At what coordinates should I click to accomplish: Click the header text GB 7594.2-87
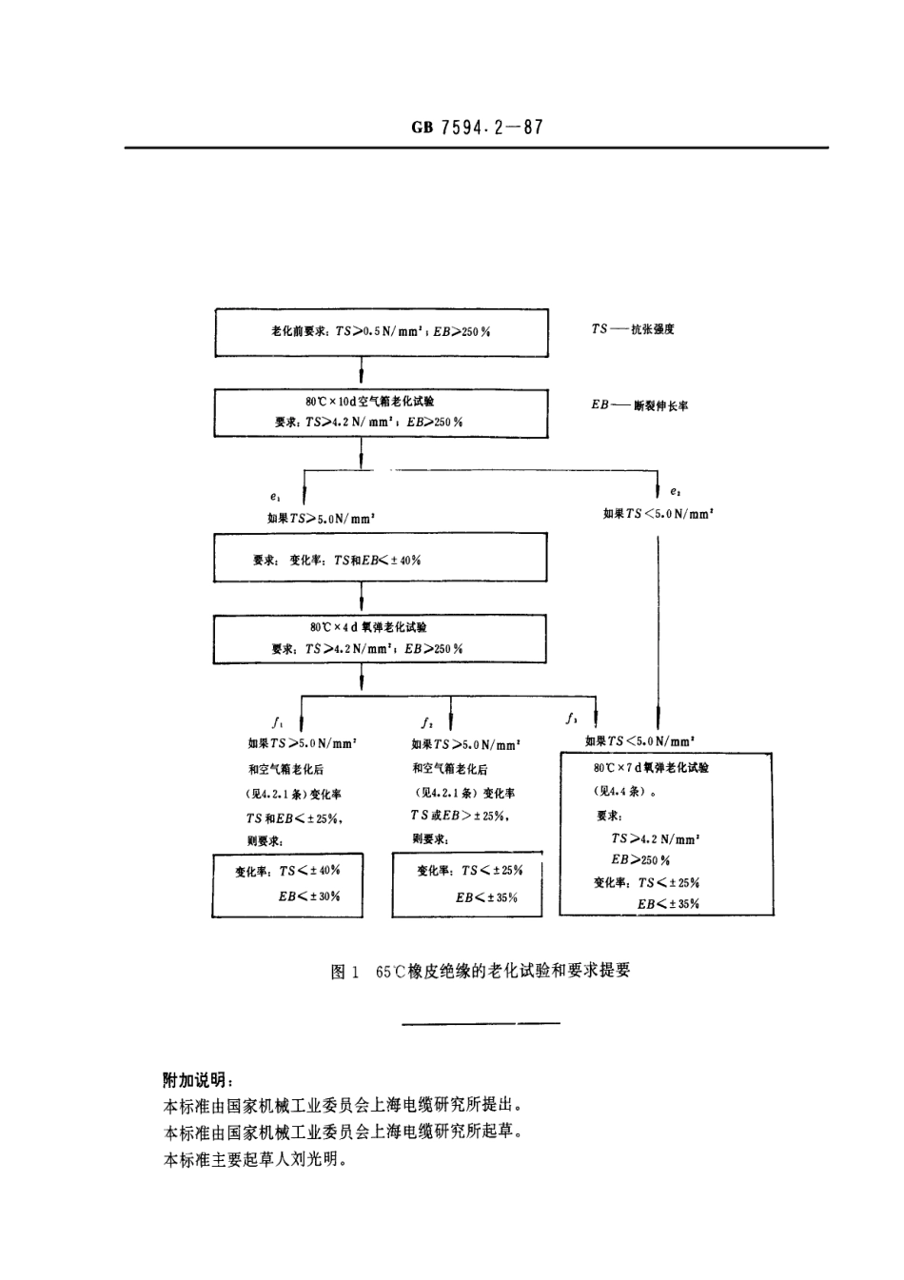[477, 128]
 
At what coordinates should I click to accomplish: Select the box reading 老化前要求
[382, 332]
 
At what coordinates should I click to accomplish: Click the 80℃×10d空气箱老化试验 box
[382, 413]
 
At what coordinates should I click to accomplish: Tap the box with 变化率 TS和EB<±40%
[380, 559]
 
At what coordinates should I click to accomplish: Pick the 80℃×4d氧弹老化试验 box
[380, 639]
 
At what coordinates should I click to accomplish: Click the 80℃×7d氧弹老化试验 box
[665, 834]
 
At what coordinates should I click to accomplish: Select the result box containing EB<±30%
[287, 885]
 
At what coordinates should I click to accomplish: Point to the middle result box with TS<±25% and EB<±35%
[467, 885]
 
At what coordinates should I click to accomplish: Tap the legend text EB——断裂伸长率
[639, 405]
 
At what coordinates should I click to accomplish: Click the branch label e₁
[274, 497]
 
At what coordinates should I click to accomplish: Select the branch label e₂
[675, 492]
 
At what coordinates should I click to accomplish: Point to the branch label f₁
[275, 721]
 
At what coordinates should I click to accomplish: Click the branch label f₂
[425, 721]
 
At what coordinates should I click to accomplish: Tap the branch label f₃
[571, 718]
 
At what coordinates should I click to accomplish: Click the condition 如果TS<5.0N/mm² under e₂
[658, 514]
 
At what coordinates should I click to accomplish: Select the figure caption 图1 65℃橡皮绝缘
[480, 972]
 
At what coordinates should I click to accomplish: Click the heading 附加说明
[198, 1080]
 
